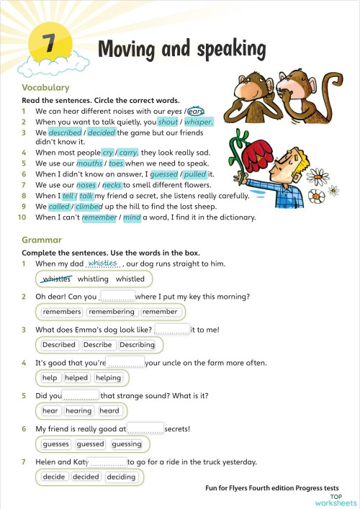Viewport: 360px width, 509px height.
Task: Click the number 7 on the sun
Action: coord(50,44)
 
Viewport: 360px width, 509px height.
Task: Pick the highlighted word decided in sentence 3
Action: coord(101,133)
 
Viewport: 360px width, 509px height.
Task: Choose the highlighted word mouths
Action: coord(89,163)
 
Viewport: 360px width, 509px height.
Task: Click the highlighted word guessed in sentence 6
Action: coord(163,174)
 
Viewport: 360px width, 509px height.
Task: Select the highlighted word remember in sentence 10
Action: coord(99,217)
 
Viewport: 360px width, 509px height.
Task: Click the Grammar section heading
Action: coord(42,240)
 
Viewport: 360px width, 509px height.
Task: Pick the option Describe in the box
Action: coord(98,345)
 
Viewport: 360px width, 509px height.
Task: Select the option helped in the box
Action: coord(76,378)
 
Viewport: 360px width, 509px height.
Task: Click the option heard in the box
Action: coord(109,411)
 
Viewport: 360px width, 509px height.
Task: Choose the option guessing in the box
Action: coord(127,444)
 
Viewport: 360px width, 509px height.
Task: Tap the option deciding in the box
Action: coord(121,477)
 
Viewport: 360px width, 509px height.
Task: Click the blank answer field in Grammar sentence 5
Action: coord(81,395)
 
